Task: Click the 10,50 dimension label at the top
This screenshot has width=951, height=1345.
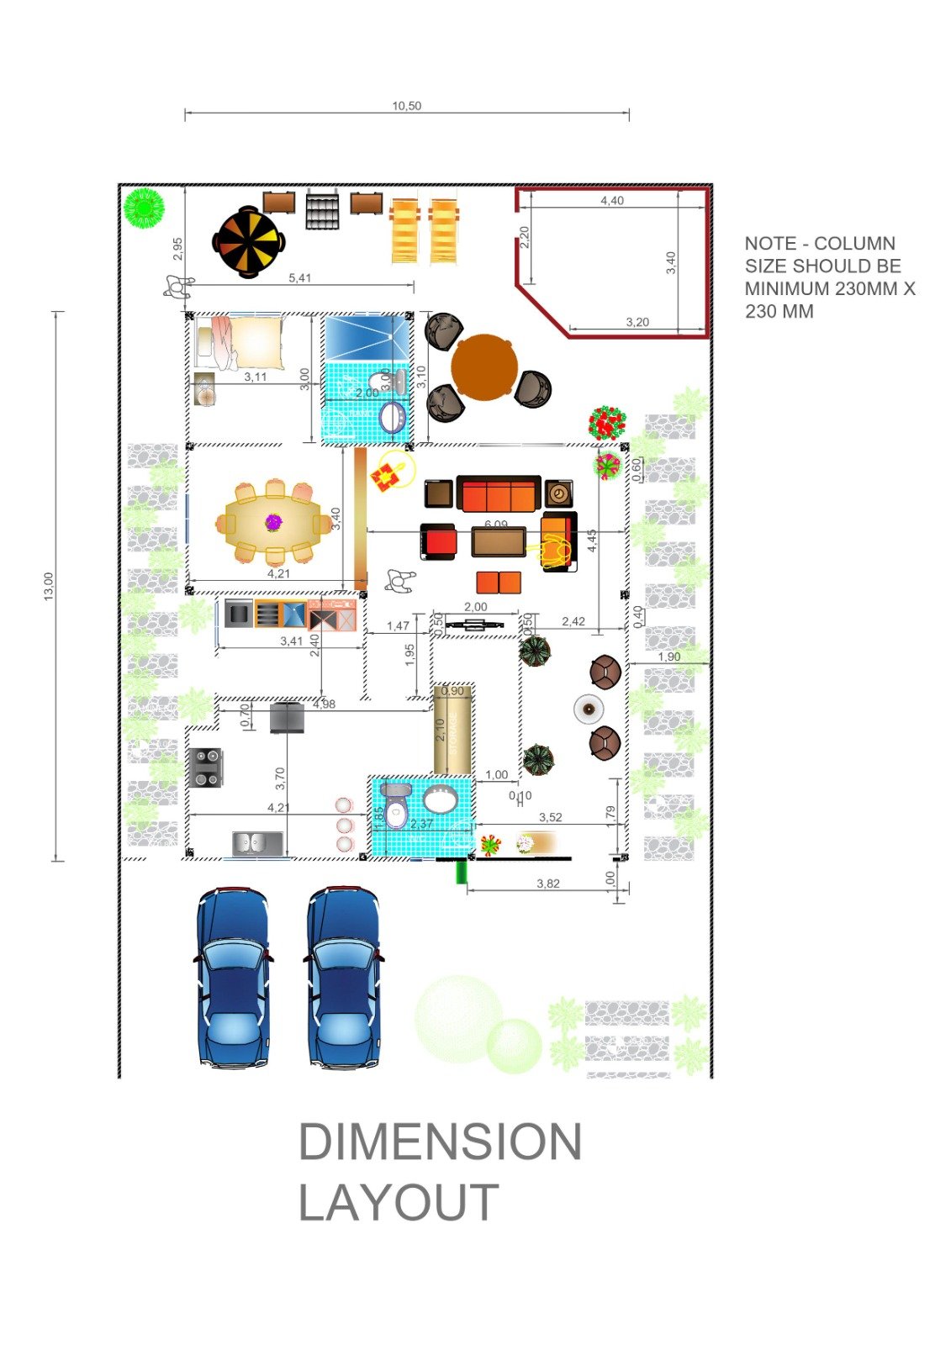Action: (x=406, y=106)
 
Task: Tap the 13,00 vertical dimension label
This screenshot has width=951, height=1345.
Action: (x=48, y=586)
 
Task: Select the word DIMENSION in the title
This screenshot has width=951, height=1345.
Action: (x=440, y=1142)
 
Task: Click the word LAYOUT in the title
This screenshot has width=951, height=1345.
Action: (x=399, y=1203)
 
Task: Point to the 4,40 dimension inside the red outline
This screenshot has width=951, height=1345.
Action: (x=611, y=200)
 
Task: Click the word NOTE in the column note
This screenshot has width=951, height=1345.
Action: (x=769, y=244)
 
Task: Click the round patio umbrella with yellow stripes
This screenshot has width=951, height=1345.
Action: (x=247, y=242)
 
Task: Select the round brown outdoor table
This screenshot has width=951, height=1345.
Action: (x=484, y=368)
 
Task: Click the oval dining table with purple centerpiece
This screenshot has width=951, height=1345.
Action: (x=273, y=523)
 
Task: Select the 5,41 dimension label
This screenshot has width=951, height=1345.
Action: (x=299, y=278)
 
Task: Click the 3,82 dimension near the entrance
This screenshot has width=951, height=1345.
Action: (x=547, y=883)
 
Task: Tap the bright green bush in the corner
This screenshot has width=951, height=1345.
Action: (x=144, y=208)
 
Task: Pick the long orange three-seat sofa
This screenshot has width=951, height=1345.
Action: (x=498, y=494)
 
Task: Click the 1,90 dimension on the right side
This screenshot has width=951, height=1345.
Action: (x=669, y=657)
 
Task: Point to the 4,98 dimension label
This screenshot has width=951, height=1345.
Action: (x=324, y=704)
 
